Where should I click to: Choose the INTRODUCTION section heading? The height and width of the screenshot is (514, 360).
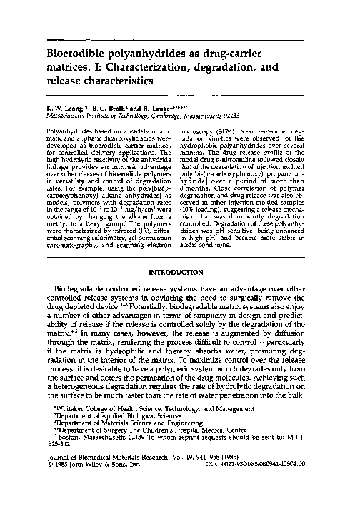click(x=179, y=252)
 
